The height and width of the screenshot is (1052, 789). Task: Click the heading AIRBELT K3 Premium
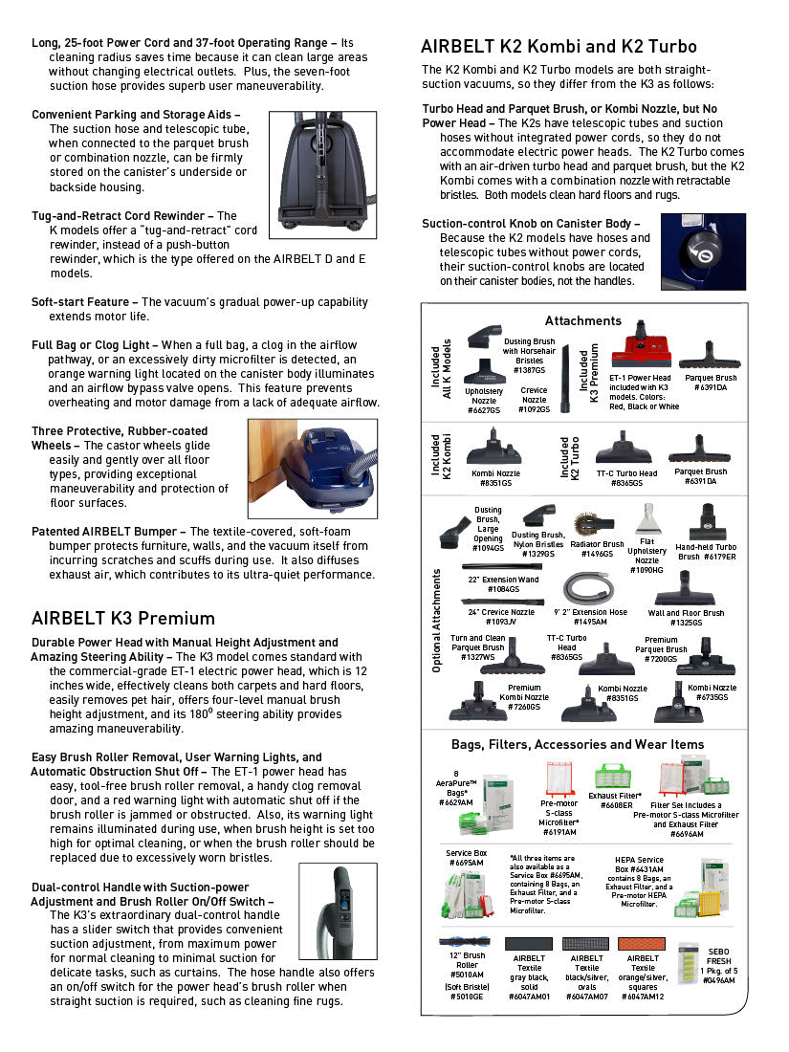click(x=123, y=618)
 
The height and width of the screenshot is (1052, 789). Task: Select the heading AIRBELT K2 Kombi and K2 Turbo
click(x=559, y=46)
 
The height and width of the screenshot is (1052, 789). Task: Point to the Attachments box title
click(x=582, y=320)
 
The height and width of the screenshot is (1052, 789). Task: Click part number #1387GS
click(x=529, y=369)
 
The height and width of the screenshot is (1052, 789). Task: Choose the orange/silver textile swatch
click(x=642, y=944)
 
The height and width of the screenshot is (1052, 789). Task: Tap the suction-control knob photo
click(x=706, y=252)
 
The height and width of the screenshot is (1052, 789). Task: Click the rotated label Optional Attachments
click(x=436, y=620)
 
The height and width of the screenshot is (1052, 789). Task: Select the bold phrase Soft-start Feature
click(x=84, y=302)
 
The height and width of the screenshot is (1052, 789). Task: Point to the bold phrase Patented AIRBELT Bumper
click(x=106, y=531)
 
